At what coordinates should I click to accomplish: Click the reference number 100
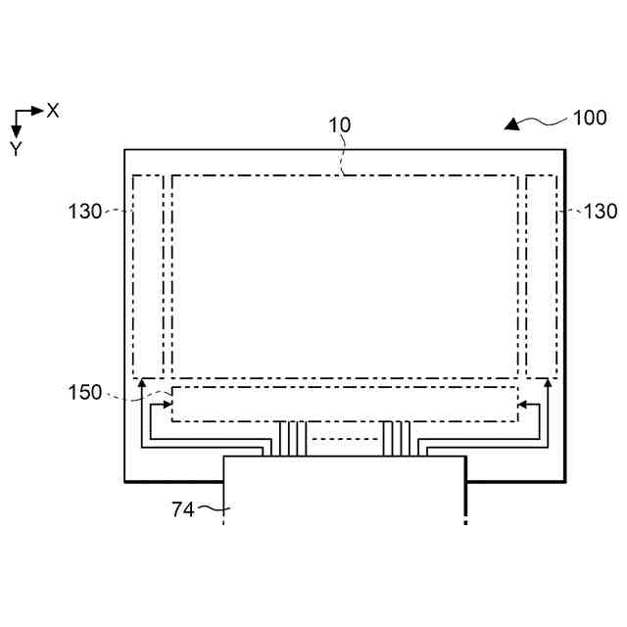click(590, 119)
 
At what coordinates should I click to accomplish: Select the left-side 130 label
click(85, 211)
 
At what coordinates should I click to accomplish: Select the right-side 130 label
click(600, 211)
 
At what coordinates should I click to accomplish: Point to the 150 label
click(85, 393)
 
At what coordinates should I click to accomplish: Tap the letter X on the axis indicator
click(53, 111)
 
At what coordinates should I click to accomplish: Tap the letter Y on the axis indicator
click(16, 149)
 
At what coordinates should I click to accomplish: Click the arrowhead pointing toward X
click(38, 111)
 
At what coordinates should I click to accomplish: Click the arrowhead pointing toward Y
click(17, 131)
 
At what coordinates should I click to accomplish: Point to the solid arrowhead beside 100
click(511, 124)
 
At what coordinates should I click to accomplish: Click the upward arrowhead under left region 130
click(142, 386)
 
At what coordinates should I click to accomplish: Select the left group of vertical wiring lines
click(291, 438)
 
